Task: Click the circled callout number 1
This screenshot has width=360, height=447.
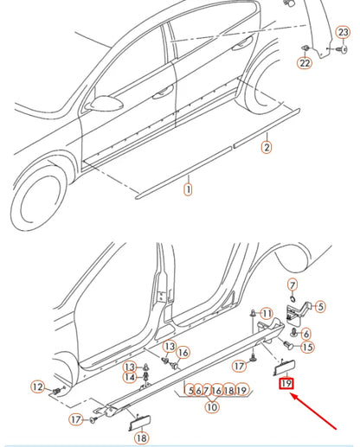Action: [188, 186]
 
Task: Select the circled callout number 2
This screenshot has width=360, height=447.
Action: [267, 148]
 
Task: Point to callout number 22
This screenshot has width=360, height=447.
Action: [305, 63]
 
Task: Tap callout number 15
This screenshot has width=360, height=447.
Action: [307, 347]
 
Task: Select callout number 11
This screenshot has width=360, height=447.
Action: [267, 312]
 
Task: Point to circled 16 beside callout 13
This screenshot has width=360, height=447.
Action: [183, 352]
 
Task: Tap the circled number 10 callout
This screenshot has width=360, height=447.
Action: [212, 407]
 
